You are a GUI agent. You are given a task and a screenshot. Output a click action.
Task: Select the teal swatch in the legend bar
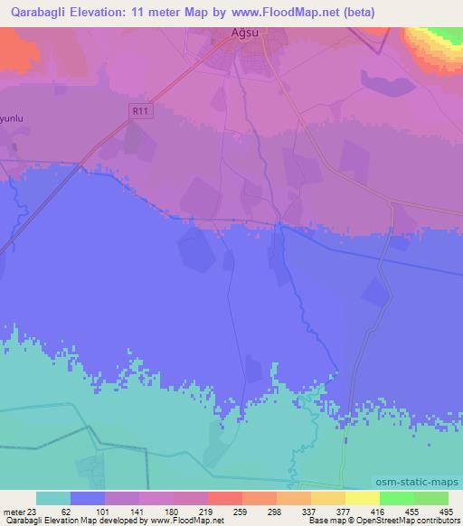53,498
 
